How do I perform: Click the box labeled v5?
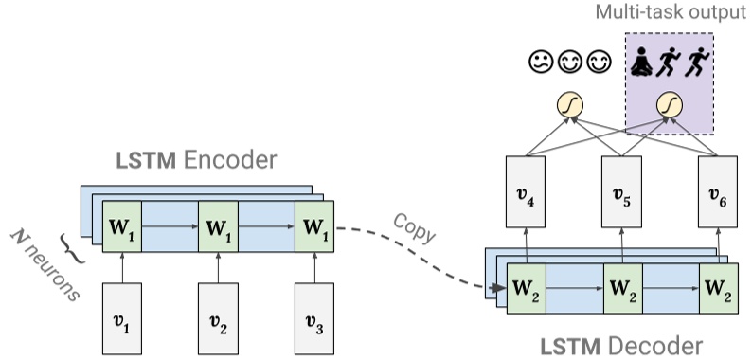[621, 191]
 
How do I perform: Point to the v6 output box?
[719, 191]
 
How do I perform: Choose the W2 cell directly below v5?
[621, 288]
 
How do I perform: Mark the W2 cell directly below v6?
[719, 288]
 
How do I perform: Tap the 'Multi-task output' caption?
[671, 12]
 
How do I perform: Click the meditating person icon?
[641, 63]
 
